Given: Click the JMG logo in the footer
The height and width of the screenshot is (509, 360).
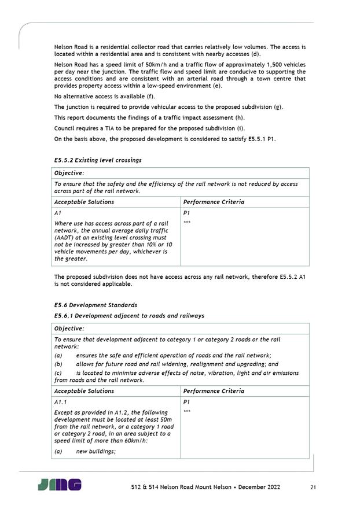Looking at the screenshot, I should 60,485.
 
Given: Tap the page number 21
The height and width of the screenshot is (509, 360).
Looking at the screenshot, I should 313,488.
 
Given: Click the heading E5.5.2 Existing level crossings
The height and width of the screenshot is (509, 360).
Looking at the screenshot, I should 98,160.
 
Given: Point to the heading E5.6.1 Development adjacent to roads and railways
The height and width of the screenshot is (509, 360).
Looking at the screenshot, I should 129,316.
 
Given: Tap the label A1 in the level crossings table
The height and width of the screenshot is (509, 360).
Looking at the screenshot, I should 57,213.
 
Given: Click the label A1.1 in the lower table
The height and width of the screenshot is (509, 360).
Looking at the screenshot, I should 60,402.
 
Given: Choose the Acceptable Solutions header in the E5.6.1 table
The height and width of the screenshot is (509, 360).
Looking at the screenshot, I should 84,391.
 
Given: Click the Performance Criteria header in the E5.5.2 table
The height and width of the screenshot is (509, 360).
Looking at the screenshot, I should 214,202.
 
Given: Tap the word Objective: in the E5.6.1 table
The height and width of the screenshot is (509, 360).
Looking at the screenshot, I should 69,329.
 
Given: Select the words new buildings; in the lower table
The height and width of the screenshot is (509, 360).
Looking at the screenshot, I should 96,452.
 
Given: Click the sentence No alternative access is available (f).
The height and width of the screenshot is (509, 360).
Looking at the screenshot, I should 104,97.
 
